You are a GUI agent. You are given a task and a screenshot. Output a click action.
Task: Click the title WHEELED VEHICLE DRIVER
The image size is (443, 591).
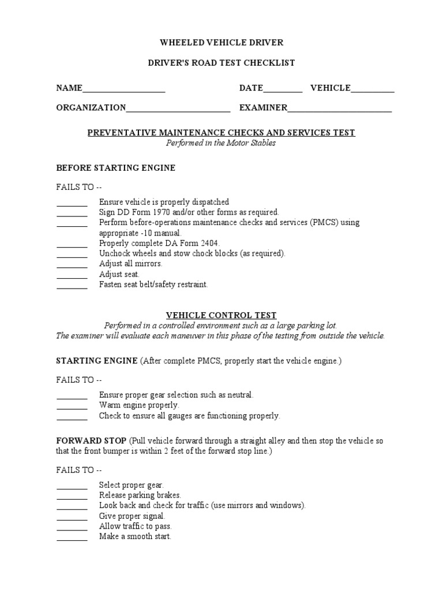221,43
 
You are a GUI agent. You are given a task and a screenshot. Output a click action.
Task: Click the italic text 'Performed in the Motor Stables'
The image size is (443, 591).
221,143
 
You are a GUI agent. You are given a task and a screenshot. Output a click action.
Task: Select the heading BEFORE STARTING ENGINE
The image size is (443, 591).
115,168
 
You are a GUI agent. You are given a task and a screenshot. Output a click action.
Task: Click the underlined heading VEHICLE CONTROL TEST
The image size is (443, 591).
221,315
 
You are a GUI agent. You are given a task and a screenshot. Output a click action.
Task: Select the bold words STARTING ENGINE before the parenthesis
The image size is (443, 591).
96,361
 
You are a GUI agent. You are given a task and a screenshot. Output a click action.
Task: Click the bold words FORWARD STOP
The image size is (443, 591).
91,440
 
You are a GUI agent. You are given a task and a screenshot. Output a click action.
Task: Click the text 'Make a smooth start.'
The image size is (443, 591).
135,536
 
